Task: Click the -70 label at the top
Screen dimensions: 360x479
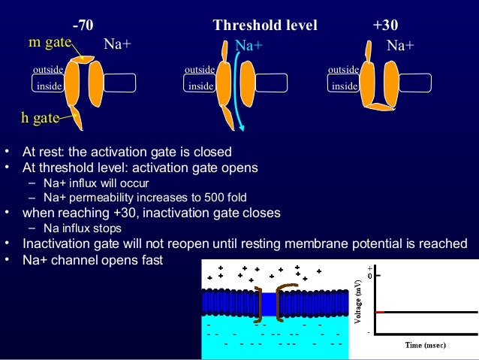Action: click(83, 26)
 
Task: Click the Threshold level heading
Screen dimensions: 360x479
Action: click(265, 26)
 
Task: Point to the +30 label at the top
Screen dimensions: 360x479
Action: click(385, 26)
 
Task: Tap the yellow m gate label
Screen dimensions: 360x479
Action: click(50, 43)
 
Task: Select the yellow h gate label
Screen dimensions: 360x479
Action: click(40, 118)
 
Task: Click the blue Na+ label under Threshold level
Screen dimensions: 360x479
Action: click(249, 46)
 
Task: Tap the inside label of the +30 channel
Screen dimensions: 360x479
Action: click(344, 86)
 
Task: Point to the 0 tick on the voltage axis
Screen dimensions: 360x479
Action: click(369, 276)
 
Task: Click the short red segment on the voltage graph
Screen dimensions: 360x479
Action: click(380, 311)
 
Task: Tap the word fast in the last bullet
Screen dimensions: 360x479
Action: click(148, 260)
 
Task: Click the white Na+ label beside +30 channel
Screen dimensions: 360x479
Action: click(400, 46)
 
